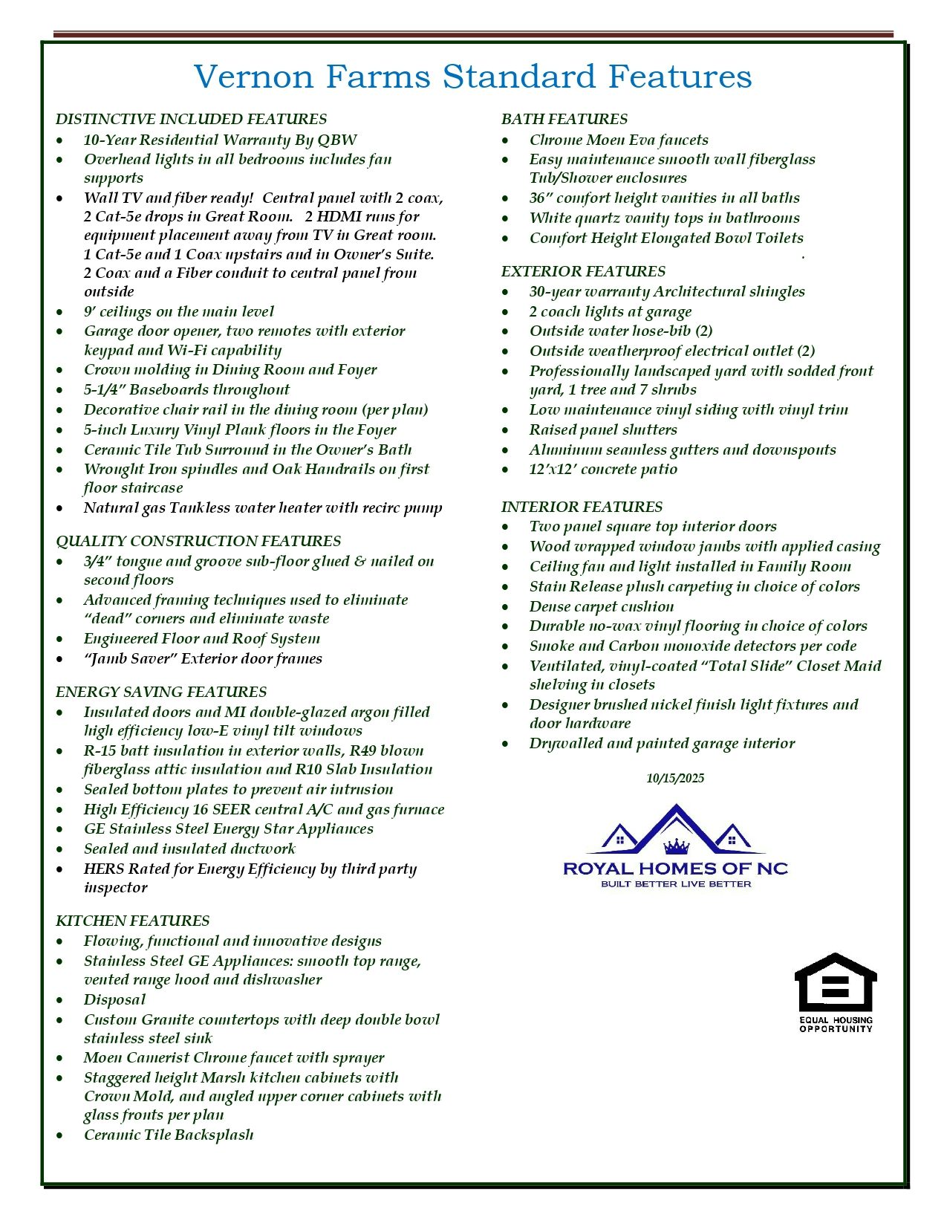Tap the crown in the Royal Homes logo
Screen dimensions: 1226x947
tap(676, 846)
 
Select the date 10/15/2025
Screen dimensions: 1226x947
tap(675, 778)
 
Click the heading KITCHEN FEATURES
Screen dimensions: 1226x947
tap(132, 921)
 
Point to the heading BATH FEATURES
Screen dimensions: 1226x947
tap(564, 119)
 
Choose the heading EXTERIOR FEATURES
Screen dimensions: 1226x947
tap(583, 271)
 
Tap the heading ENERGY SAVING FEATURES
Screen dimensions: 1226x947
tap(160, 692)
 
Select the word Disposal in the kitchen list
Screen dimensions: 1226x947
tap(114, 999)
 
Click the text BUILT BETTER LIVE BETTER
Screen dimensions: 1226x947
tap(676, 884)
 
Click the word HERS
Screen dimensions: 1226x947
tap(103, 869)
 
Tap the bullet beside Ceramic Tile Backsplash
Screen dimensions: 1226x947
tap(60, 1135)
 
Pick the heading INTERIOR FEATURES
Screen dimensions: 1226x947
tap(582, 507)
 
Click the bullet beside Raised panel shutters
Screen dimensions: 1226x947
tap(506, 430)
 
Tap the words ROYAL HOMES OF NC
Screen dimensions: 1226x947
tap(675, 868)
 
